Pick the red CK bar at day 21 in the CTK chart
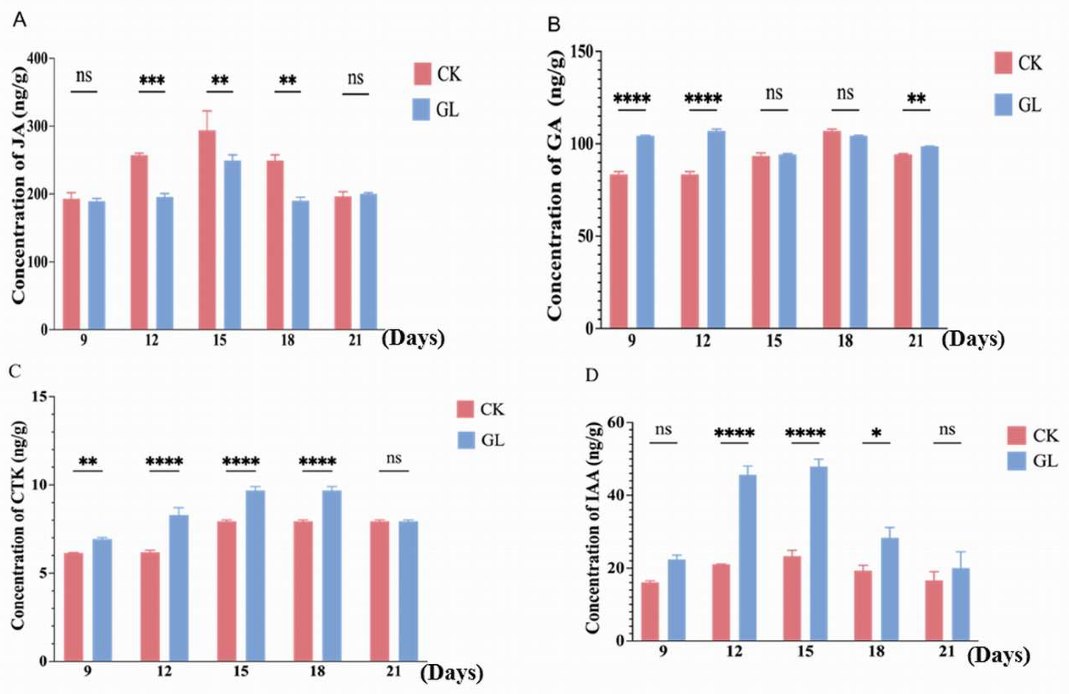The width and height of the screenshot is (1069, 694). pyautogui.click(x=380, y=591)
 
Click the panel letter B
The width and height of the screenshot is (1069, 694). pyautogui.click(x=555, y=25)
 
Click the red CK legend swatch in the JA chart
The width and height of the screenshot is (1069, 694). pyautogui.click(x=422, y=74)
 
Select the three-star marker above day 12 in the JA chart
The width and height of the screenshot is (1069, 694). pyautogui.click(x=152, y=81)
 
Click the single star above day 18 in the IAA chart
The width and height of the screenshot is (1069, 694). pyautogui.click(x=876, y=433)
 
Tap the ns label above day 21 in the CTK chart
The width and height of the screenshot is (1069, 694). pyautogui.click(x=394, y=458)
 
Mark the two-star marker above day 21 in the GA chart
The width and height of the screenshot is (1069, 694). pyautogui.click(x=916, y=99)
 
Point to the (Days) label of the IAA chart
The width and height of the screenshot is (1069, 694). pyautogui.click(x=998, y=656)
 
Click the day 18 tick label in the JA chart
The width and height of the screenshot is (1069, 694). pyautogui.click(x=287, y=341)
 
